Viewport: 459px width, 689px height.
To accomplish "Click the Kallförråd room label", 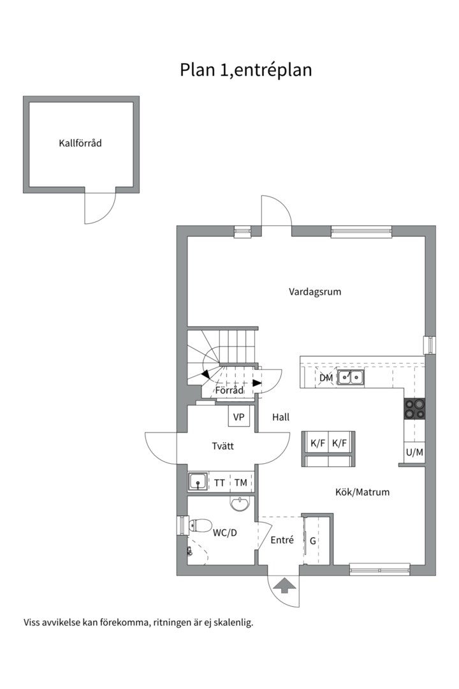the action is pyautogui.click(x=80, y=143).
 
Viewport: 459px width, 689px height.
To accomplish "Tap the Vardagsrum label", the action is pyautogui.click(x=315, y=292).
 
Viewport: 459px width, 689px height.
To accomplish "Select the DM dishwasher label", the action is pyautogui.click(x=326, y=378).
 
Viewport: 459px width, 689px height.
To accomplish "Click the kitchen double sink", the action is pyautogui.click(x=351, y=378).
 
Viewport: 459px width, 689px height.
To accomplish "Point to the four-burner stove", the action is pyautogui.click(x=414, y=409).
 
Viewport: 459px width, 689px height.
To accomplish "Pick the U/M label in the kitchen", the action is pyautogui.click(x=414, y=452).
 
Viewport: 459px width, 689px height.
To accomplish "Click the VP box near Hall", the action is pyautogui.click(x=238, y=417).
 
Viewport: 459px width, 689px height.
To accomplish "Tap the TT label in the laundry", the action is pyautogui.click(x=219, y=483).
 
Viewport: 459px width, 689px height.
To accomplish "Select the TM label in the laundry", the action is pyautogui.click(x=241, y=482).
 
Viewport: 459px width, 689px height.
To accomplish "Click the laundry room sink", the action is pyautogui.click(x=198, y=481).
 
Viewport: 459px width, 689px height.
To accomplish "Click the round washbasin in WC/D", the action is pyautogui.click(x=240, y=503).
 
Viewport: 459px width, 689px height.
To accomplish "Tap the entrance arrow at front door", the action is pyautogui.click(x=283, y=586).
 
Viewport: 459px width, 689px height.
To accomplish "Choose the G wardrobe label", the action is pyautogui.click(x=313, y=540).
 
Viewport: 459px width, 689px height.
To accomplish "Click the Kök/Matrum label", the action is pyautogui.click(x=362, y=492).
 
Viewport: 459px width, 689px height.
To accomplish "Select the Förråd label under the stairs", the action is pyautogui.click(x=229, y=390).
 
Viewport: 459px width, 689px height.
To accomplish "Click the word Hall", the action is pyautogui.click(x=280, y=417).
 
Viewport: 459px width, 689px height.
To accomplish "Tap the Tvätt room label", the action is pyautogui.click(x=222, y=446).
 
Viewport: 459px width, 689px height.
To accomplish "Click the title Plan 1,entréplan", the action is pyautogui.click(x=246, y=70).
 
